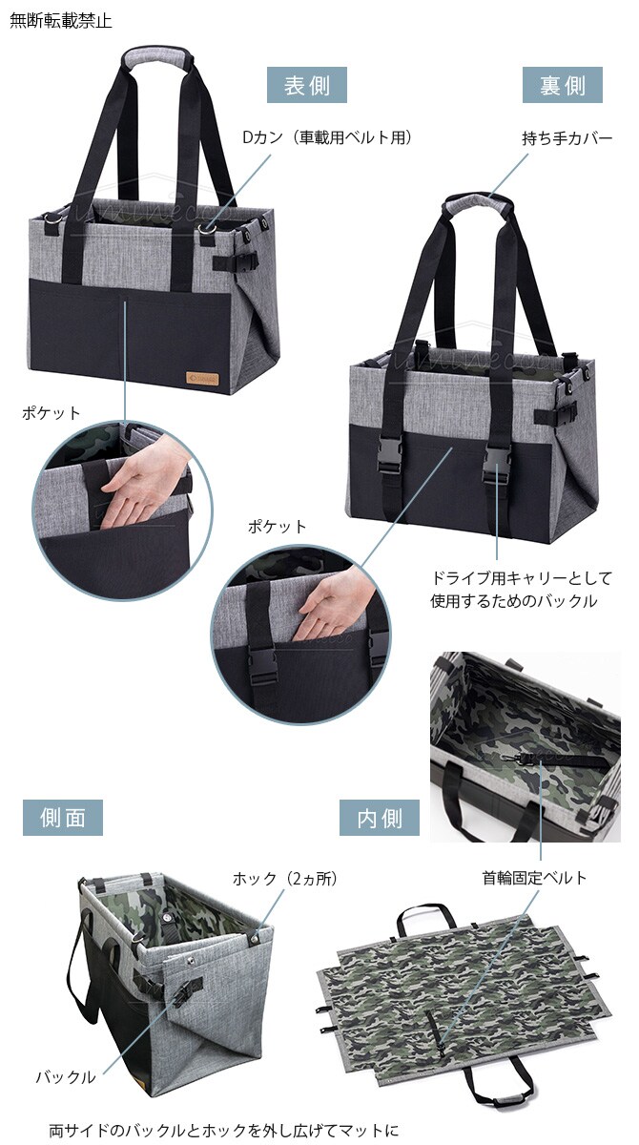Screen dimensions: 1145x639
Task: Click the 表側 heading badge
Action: coord(306,85)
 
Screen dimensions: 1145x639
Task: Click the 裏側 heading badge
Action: coord(562,85)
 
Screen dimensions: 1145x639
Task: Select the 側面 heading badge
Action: coord(63,818)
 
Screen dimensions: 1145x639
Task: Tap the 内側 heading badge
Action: coord(380,818)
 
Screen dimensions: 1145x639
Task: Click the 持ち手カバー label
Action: coord(567,137)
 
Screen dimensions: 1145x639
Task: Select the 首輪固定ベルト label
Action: coord(534,878)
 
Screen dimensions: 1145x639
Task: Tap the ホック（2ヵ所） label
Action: coord(285,878)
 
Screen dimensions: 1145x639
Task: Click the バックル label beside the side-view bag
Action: coord(66,1076)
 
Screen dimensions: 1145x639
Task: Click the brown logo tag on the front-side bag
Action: coord(202,379)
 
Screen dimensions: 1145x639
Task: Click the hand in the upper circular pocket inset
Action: coord(144,489)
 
